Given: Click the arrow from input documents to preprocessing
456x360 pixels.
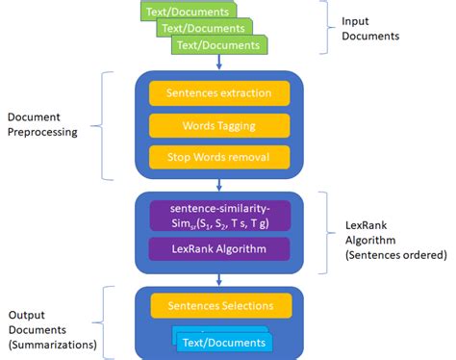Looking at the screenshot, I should coord(219,62).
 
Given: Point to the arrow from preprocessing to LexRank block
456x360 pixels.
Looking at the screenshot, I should coord(219,185).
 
